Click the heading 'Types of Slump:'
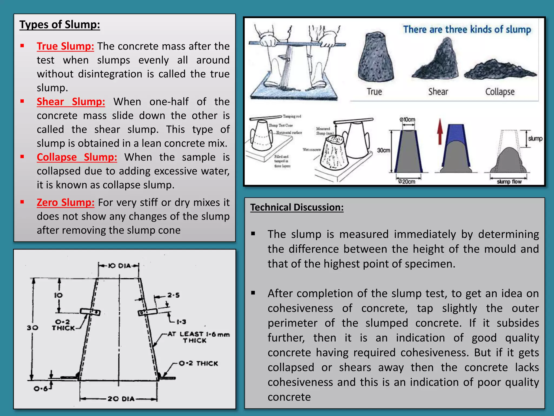pos(60,25)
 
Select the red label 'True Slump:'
pos(65,46)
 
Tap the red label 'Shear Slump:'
pos(71,102)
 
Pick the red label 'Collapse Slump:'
pos(77,157)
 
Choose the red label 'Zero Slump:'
pos(65,203)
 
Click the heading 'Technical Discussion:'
pos(297,207)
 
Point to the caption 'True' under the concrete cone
pos(374,92)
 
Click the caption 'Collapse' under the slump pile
pos(500,92)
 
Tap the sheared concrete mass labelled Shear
pos(436,61)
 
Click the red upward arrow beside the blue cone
pos(440,132)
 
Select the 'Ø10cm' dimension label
pos(407,120)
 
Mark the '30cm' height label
pos(384,150)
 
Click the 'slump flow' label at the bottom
pos(509,182)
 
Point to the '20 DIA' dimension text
pos(121,399)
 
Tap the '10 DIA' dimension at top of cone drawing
pos(119,266)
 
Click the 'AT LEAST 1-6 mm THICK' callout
pos(198,337)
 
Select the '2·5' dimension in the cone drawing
pos(173,295)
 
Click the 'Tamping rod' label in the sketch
pos(292,116)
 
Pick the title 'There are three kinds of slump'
pos(467,30)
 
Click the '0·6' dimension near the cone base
pos(41,389)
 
